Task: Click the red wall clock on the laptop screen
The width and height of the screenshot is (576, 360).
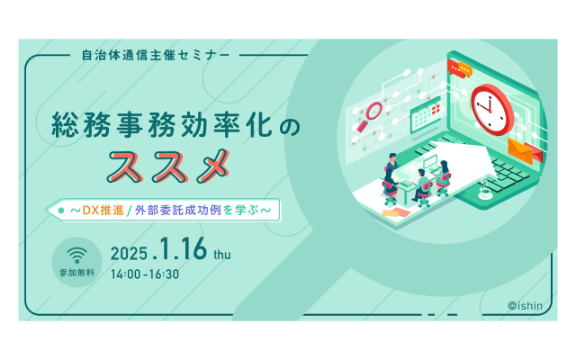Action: coord(491,110)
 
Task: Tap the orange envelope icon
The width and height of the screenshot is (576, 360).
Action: coord(520,150)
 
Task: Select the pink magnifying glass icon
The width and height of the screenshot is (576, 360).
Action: coord(370,116)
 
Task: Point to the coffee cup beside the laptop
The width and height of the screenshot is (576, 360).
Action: coord(486,193)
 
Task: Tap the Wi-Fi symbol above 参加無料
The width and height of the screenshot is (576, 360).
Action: coord(76,255)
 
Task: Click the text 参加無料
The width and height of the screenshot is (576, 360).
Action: coord(76,273)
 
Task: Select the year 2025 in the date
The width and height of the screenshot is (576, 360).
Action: coord(129,254)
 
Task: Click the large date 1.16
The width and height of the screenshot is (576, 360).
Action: coord(181,249)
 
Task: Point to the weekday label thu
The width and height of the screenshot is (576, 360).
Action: coord(222,254)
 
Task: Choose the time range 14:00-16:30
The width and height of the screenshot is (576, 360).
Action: coord(145,274)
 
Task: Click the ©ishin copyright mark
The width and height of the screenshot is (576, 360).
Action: coord(526,306)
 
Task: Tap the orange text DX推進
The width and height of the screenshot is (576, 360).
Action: coord(103,210)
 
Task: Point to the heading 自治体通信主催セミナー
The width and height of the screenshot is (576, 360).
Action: coord(156,55)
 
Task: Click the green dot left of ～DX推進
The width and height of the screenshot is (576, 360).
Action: coord(61,211)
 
